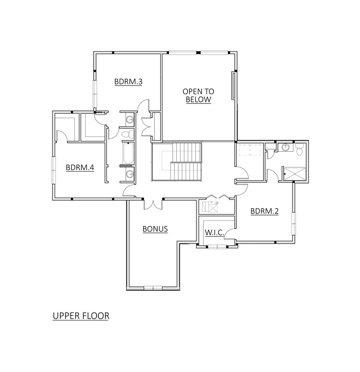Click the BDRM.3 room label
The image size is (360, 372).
click(x=129, y=82)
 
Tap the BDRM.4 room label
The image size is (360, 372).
click(x=80, y=168)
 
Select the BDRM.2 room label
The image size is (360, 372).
click(x=265, y=211)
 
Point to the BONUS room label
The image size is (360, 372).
click(x=155, y=229)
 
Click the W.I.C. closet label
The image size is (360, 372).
click(x=214, y=232)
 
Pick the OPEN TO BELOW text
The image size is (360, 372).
click(x=198, y=95)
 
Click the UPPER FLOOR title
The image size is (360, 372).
click(x=81, y=316)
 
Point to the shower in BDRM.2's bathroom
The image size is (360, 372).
click(x=295, y=174)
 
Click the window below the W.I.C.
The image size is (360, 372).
click(x=217, y=246)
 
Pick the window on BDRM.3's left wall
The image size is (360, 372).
click(x=94, y=94)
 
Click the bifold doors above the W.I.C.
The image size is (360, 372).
click(x=217, y=197)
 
